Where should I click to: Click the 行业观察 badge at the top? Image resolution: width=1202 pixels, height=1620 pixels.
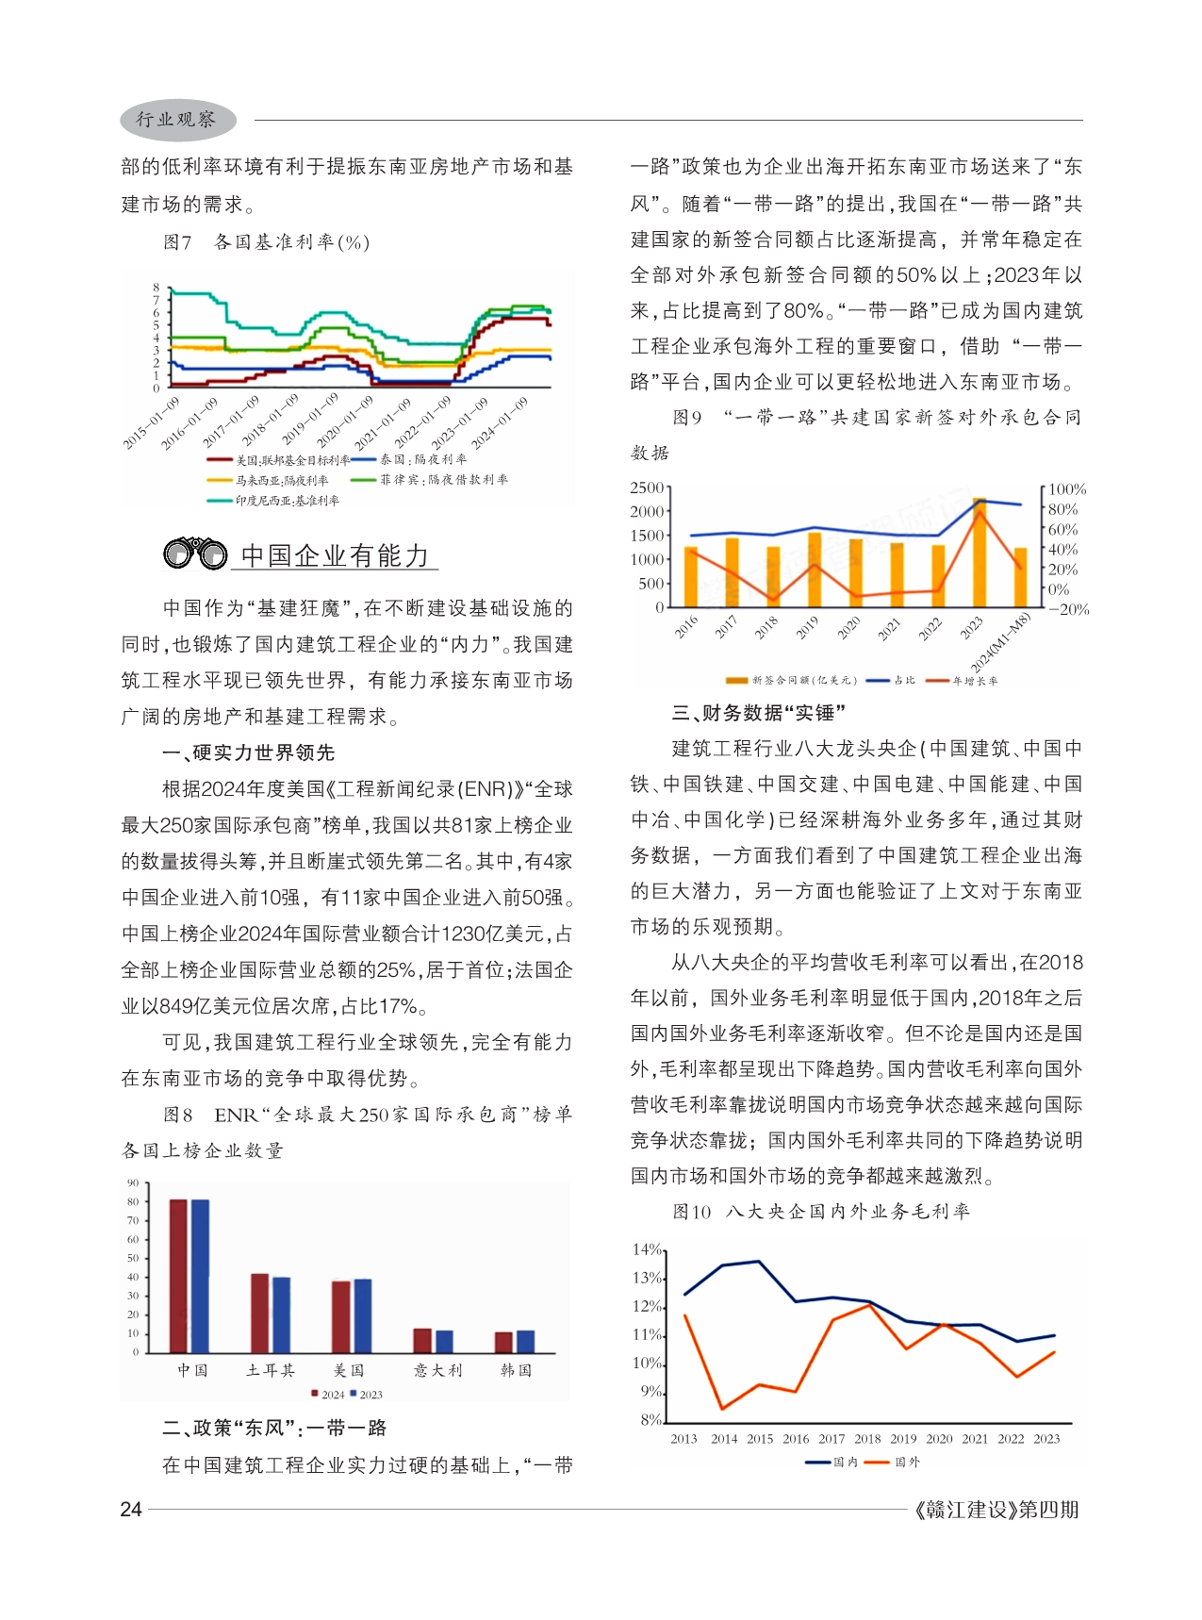click(176, 120)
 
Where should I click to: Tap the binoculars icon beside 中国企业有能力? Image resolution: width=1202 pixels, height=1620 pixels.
click(195, 554)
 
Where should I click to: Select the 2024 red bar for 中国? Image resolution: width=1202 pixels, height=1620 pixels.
click(178, 1276)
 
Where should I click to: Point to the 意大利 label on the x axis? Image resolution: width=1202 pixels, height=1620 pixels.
click(437, 1370)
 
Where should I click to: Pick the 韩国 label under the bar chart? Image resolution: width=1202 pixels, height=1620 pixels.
click(516, 1370)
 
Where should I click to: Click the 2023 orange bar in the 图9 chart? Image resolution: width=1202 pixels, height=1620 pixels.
click(979, 553)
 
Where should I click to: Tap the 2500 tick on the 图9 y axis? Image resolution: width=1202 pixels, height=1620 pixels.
click(647, 488)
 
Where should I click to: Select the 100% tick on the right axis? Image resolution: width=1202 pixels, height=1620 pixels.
click(1067, 489)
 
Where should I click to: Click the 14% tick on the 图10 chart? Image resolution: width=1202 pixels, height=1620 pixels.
click(647, 1250)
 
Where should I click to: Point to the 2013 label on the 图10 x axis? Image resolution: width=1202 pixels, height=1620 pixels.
click(683, 1439)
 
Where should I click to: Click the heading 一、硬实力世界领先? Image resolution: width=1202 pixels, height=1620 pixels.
click(249, 752)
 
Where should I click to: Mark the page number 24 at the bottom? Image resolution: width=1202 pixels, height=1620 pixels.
click(131, 1510)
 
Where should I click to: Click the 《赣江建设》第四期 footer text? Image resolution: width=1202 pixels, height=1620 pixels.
click(996, 1510)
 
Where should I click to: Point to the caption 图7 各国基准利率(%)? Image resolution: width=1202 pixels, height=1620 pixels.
click(266, 242)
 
